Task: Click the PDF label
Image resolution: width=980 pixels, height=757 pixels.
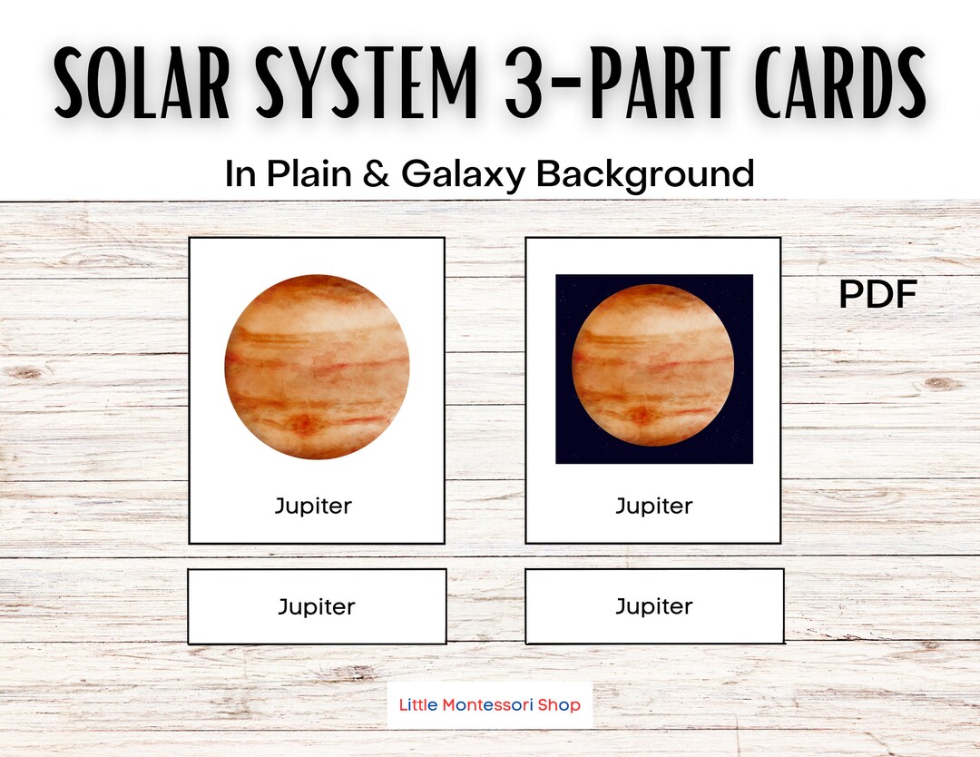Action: pos(877,294)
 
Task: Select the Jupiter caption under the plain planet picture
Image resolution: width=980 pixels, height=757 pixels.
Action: pos(313,506)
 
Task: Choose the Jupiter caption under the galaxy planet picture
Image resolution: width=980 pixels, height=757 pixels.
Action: pos(653,506)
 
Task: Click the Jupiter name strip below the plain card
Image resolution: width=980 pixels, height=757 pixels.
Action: pos(317,606)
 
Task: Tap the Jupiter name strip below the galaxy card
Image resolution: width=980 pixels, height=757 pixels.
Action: pos(653,606)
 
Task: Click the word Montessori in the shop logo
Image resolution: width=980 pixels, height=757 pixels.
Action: pos(489,704)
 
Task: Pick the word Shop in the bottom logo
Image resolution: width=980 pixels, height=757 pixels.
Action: pos(563,704)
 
